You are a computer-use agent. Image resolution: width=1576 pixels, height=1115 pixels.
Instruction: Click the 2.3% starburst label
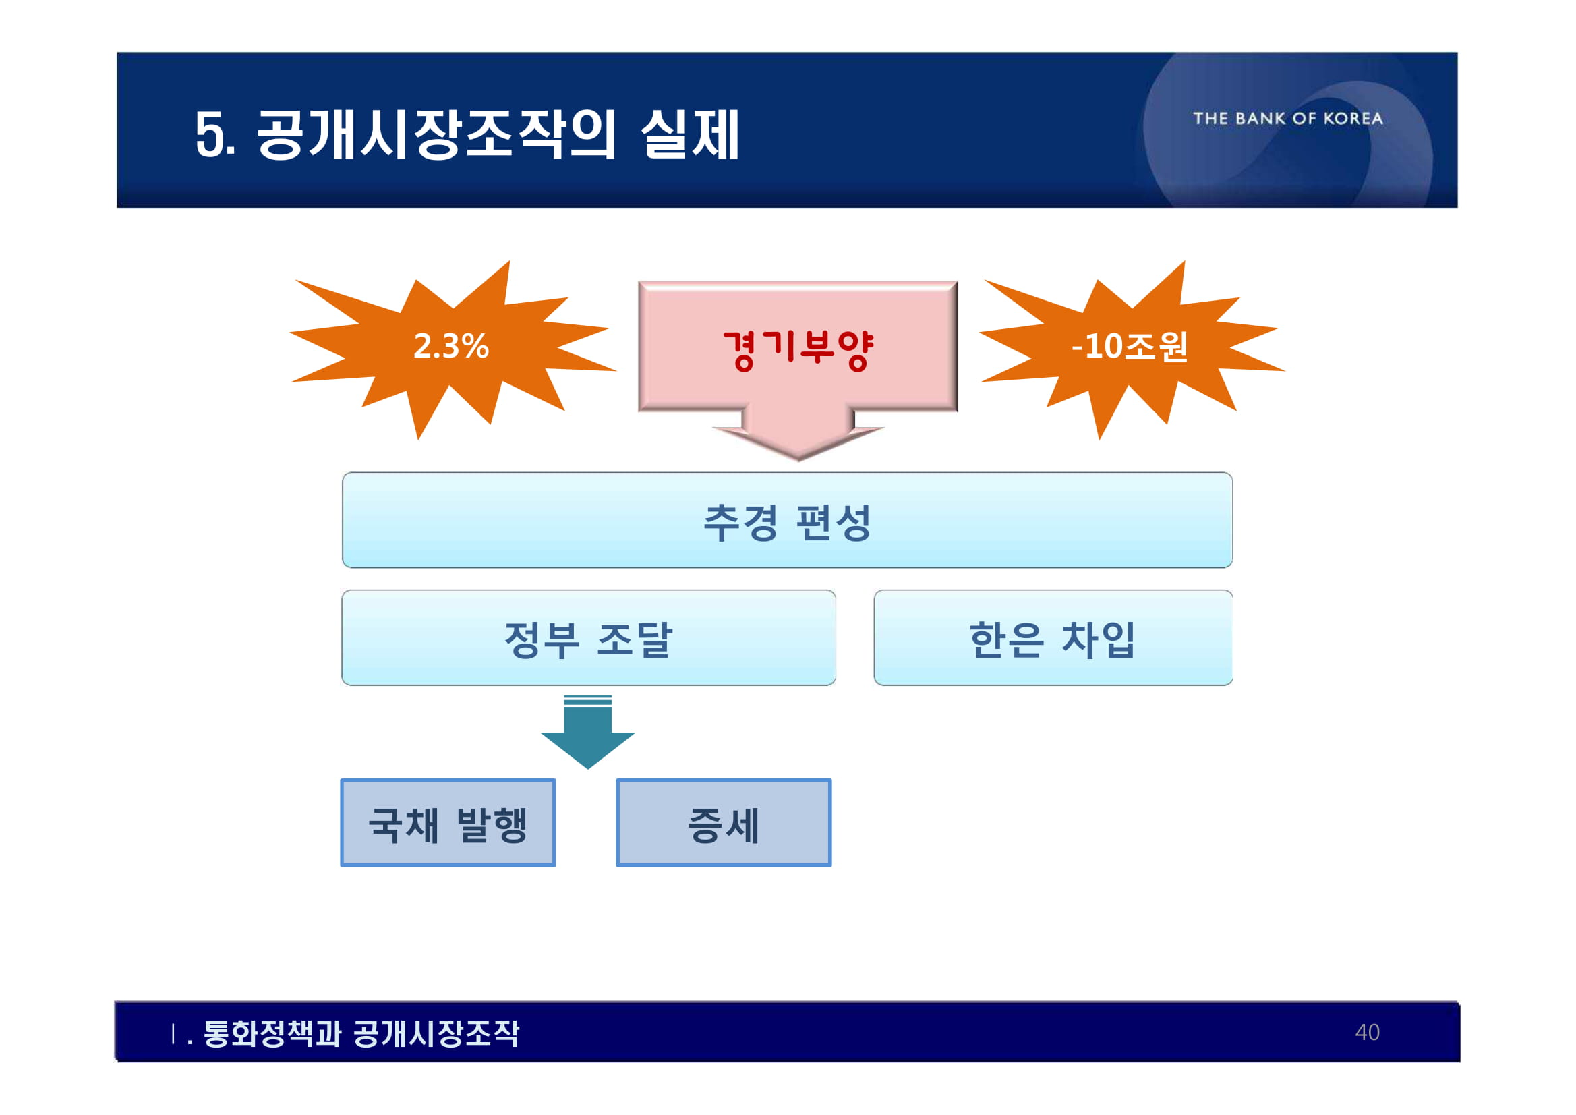451,346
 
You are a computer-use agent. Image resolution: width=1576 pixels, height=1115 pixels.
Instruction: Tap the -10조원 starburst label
1129,346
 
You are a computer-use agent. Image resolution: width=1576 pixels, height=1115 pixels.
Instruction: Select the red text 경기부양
798,349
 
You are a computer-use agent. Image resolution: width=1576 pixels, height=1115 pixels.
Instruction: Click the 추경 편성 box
787,521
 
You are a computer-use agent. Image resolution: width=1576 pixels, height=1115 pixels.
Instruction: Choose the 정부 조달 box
588,638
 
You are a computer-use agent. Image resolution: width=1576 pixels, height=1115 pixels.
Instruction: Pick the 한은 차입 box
1053,638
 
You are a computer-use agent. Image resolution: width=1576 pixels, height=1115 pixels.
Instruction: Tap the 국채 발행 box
448,823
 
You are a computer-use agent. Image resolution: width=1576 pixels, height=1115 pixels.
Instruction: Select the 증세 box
724,823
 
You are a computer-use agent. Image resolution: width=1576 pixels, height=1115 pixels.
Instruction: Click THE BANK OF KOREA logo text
1288,119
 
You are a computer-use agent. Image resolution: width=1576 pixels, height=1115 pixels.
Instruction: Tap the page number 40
1367,1033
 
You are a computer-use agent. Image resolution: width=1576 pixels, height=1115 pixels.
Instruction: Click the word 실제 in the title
690,135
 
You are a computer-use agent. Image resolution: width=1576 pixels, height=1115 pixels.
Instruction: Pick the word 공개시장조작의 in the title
436,135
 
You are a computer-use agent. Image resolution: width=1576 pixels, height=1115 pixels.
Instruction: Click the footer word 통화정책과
272,1033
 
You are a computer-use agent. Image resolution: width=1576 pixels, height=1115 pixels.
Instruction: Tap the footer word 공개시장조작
436,1033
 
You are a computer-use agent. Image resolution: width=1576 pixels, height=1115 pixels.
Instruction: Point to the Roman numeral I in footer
173,1033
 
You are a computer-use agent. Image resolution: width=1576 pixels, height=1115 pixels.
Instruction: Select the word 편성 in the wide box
834,522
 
